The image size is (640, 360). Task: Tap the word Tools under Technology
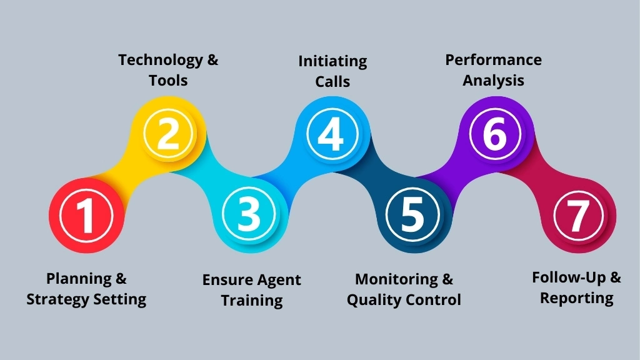pos(168,81)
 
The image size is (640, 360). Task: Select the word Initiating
pos(332,61)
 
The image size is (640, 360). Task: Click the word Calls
pos(332,81)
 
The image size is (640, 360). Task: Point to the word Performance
pos(493,60)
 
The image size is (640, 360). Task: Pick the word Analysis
pos(493,81)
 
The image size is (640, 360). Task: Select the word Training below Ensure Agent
pos(252,300)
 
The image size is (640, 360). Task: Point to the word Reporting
pos(576,298)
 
